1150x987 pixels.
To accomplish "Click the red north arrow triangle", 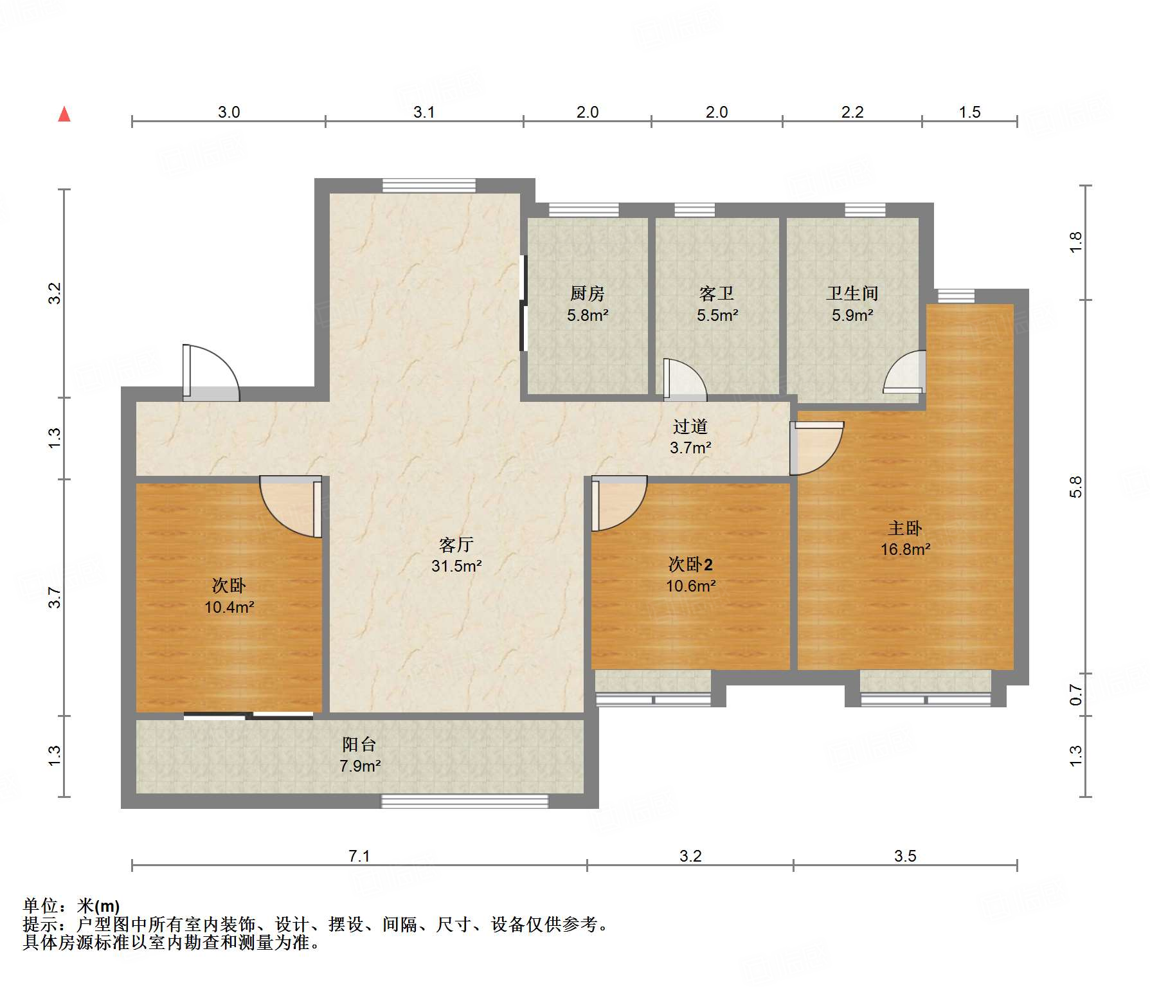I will point(64,114).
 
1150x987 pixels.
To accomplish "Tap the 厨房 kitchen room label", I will point(587,294).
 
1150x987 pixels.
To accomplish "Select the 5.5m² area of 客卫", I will point(717,316).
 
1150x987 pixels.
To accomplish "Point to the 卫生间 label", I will point(852,293).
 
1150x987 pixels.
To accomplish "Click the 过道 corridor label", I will point(690,426).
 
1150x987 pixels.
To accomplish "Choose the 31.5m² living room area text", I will point(456,566).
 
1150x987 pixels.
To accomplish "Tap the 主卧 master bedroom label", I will point(904,529).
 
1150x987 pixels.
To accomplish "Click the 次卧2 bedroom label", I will point(690,565).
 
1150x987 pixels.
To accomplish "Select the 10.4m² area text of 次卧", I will point(229,608).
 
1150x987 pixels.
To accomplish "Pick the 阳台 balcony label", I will point(359,745).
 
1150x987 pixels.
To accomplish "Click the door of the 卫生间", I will point(905,373).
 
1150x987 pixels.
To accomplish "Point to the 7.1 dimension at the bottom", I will point(359,856).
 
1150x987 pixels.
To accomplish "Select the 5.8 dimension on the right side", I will point(1076,487).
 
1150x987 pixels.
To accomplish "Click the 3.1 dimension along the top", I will point(424,113).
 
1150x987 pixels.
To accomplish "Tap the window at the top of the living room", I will point(429,186).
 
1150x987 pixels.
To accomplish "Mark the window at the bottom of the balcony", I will point(464,801).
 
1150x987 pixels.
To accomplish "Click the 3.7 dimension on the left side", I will point(55,597).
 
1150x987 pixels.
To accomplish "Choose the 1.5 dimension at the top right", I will point(969,113).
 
